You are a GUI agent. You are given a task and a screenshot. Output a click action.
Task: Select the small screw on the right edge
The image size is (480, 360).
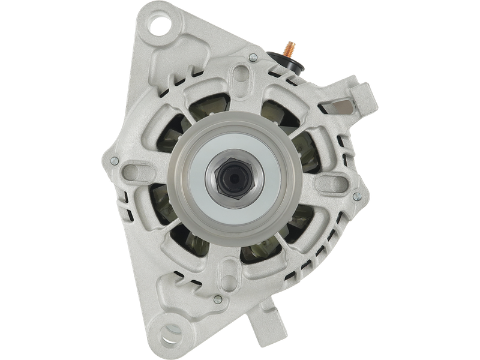(357, 196)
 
